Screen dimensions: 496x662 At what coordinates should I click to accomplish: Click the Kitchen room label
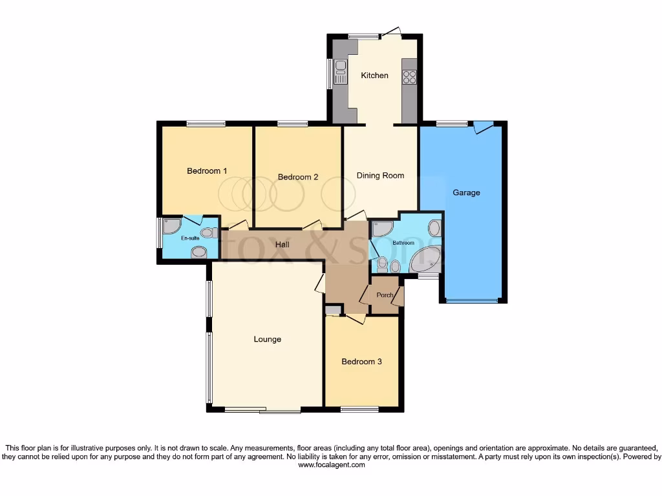374,76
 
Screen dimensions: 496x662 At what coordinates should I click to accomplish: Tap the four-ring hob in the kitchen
410,77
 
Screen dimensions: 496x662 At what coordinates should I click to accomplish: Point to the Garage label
466,192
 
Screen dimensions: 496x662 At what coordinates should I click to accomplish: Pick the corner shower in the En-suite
171,226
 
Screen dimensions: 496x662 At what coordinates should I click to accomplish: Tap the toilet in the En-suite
208,232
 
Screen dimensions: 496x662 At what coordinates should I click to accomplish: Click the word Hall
282,245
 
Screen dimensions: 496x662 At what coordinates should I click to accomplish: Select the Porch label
385,295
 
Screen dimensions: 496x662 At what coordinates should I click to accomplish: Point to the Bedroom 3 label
361,362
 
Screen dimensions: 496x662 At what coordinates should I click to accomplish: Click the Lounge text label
267,339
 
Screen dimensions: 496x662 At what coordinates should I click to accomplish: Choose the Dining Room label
380,175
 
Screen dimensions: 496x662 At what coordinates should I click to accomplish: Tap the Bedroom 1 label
207,171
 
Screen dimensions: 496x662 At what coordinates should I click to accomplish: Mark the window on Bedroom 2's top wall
293,123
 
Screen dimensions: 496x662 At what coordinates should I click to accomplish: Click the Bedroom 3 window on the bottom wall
359,409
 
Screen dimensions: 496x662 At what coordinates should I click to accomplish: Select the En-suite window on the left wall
159,232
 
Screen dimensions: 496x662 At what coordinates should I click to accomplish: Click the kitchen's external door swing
390,31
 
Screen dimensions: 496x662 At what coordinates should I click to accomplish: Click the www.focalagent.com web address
331,465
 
